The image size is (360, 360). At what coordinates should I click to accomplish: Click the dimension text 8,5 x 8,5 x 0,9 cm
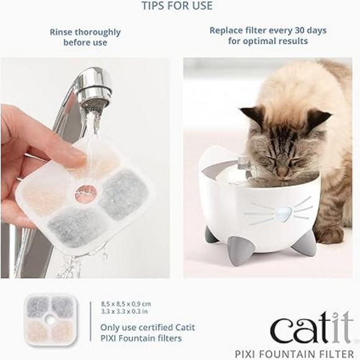point(126,303)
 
